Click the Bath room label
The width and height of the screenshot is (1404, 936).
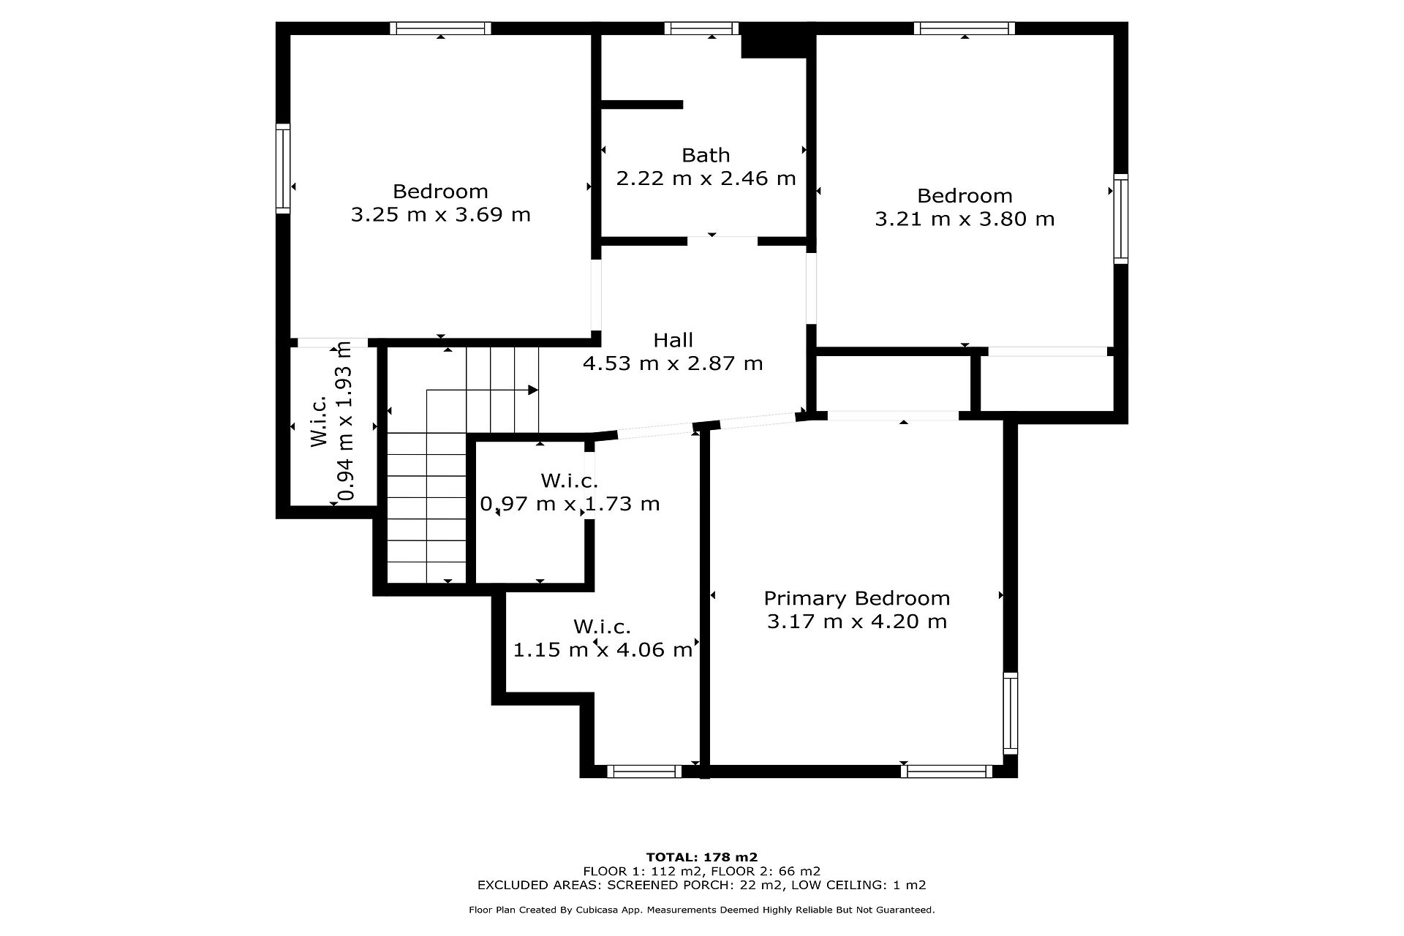[x=706, y=155]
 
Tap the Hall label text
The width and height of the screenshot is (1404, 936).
[x=673, y=340]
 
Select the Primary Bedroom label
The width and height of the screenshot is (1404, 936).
[x=857, y=599]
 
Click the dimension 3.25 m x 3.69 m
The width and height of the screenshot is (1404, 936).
[x=441, y=215]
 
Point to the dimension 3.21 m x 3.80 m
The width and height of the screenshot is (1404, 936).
[x=965, y=219]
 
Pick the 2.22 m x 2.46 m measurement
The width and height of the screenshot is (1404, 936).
[x=706, y=178]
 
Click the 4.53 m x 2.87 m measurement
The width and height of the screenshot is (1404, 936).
[x=673, y=363]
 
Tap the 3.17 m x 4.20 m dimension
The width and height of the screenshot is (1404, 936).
[x=857, y=622]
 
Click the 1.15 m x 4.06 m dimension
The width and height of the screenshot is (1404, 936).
[x=603, y=649]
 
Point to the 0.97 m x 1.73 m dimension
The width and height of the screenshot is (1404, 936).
[x=570, y=504]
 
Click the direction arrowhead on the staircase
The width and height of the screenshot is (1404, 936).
[x=534, y=390]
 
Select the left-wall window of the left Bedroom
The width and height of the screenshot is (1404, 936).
[x=283, y=169]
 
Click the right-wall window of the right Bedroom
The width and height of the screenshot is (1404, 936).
[x=1120, y=219]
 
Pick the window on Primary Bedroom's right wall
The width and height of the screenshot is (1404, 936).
[x=1010, y=713]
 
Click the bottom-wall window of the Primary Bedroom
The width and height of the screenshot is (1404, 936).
[x=946, y=771]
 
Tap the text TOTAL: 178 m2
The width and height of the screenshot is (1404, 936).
[x=702, y=857]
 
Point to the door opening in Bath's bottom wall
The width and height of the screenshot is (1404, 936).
[x=722, y=240]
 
